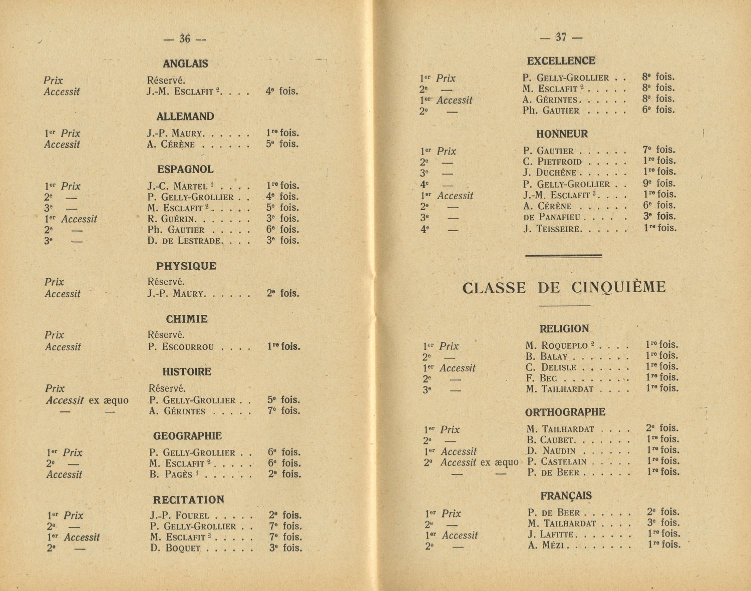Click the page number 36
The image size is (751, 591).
click(185, 39)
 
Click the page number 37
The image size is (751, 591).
click(561, 37)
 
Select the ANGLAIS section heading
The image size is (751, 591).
click(185, 64)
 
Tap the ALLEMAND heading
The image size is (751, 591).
click(185, 117)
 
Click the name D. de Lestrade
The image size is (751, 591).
click(184, 241)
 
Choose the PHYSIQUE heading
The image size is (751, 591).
click(186, 266)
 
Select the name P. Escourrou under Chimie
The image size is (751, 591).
click(181, 347)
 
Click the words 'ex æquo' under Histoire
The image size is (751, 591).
click(109, 400)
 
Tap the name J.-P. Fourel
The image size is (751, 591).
click(179, 515)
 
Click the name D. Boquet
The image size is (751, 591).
click(175, 548)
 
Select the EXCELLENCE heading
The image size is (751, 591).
click(561, 61)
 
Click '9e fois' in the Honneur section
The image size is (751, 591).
click(658, 184)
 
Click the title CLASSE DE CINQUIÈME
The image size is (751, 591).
click(564, 288)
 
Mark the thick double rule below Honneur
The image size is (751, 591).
click(563, 256)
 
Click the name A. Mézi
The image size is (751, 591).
click(546, 545)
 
